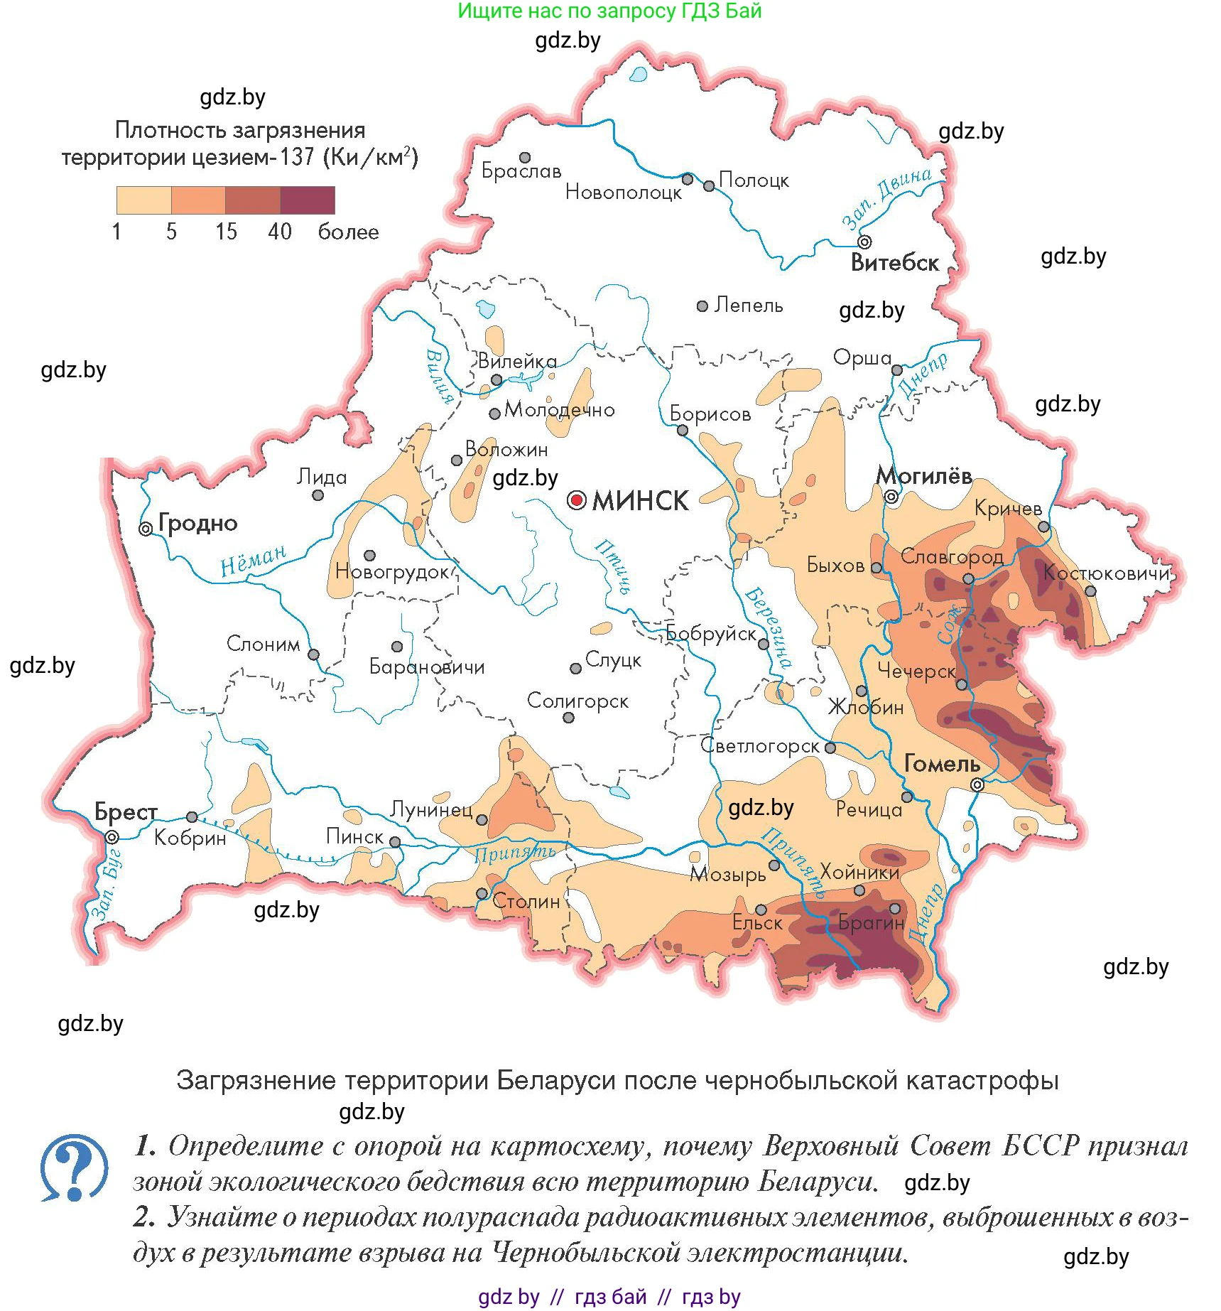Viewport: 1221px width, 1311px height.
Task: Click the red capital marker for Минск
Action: pyautogui.click(x=577, y=500)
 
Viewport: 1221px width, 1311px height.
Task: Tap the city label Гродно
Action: pyautogui.click(x=197, y=523)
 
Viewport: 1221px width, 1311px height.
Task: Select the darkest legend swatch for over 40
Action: pyautogui.click(x=308, y=200)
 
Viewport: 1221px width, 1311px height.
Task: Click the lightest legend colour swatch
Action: pyautogui.click(x=144, y=200)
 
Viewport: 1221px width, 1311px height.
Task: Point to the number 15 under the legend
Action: pyautogui.click(x=226, y=232)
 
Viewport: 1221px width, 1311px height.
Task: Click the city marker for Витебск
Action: pyautogui.click(x=864, y=242)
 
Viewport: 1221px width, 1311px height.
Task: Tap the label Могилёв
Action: pyautogui.click(x=924, y=475)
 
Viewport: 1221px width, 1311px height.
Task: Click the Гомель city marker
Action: pyautogui.click(x=977, y=784)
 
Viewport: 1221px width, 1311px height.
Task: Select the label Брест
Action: pyautogui.click(x=126, y=811)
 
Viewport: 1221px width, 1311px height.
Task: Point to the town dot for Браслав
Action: pyautogui.click(x=525, y=157)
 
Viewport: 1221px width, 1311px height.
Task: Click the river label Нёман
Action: pyautogui.click(x=253, y=561)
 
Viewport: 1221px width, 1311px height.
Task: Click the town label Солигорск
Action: pyautogui.click(x=577, y=701)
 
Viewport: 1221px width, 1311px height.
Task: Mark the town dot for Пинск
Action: pyautogui.click(x=395, y=842)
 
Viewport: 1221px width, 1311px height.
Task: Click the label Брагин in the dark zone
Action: pyautogui.click(x=871, y=923)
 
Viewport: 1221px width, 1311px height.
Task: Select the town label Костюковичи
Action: pyautogui.click(x=1106, y=573)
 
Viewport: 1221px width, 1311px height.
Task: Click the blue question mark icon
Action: pyautogui.click(x=74, y=1167)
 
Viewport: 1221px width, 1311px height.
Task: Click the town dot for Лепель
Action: pyautogui.click(x=702, y=306)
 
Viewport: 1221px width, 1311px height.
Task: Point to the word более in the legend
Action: pyautogui.click(x=348, y=232)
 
